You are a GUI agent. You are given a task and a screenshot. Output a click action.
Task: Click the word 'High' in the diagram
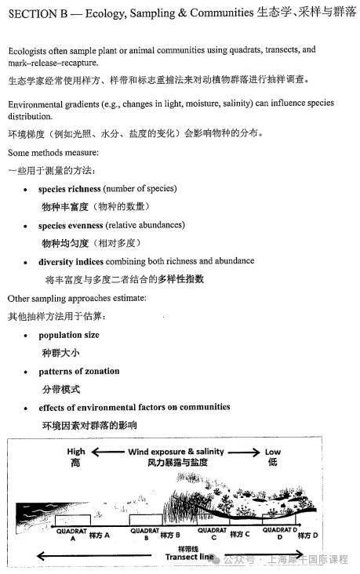tap(76, 452)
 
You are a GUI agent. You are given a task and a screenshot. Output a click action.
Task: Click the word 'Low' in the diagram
tap(273, 452)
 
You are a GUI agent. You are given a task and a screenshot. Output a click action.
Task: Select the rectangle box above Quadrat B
tap(146, 519)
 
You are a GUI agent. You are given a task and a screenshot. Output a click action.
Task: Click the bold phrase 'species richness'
tap(70, 189)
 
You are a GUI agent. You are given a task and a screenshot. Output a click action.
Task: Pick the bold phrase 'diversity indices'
tap(71, 261)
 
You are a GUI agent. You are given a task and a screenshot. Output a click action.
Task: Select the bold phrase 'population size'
tap(70, 335)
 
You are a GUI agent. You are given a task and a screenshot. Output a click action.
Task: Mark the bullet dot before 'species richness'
tap(27, 190)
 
